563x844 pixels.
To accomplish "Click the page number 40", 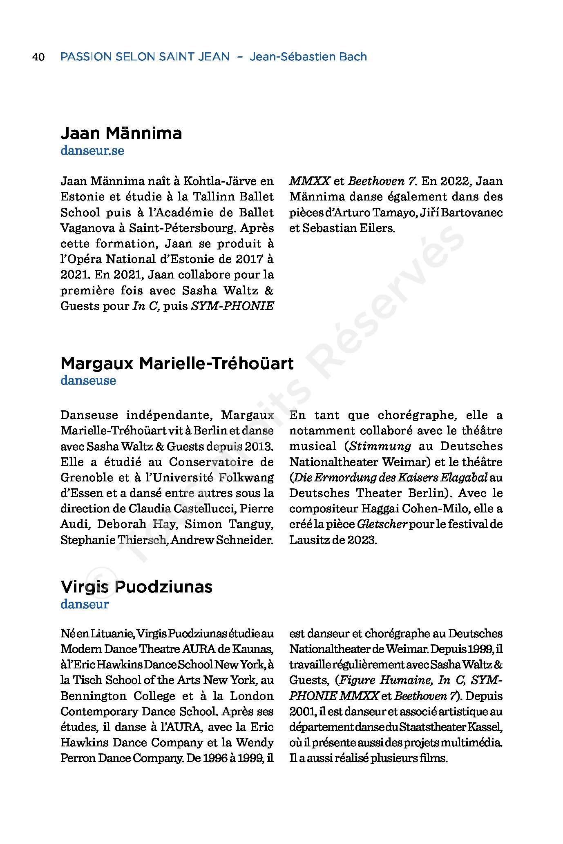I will coord(38,57).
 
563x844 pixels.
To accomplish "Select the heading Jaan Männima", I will coord(121,133).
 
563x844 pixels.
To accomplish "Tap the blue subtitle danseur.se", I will coord(92,151).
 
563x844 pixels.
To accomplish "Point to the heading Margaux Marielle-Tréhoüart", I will coord(177,363).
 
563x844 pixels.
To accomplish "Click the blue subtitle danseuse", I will coord(88,381).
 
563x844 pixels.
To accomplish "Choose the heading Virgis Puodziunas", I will coord(136,587).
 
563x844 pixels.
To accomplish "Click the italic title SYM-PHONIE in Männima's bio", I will coord(232,306).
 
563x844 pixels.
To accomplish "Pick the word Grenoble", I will coord(87,477).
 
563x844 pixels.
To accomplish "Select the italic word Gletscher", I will coord(382,524).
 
